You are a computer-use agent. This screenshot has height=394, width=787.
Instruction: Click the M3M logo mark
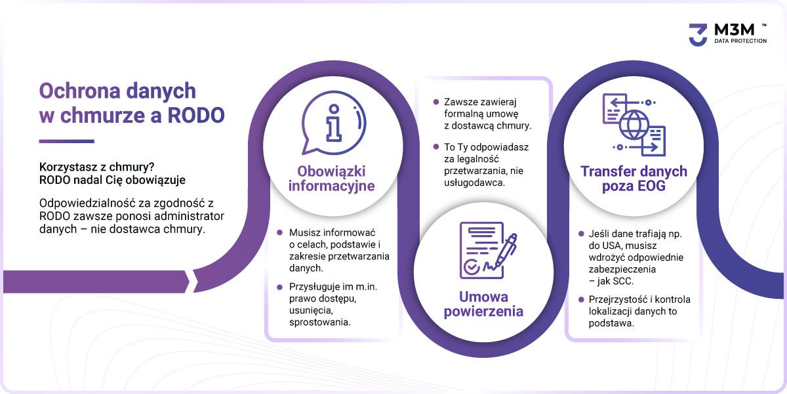pyautogui.click(x=698, y=34)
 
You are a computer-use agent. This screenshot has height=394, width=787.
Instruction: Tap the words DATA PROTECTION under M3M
pyautogui.click(x=740, y=41)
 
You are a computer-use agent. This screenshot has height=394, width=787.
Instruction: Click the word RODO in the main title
pyautogui.click(x=195, y=115)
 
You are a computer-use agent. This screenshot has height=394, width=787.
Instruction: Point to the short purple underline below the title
pyautogui.click(x=66, y=141)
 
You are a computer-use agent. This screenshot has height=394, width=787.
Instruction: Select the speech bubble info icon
pyautogui.click(x=333, y=123)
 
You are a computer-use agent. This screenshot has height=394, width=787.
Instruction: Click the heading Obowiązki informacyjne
pyautogui.click(x=332, y=179)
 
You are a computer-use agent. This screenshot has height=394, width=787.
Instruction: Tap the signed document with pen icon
pyautogui.click(x=488, y=250)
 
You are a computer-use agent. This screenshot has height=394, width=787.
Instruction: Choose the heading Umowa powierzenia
pyautogui.click(x=483, y=304)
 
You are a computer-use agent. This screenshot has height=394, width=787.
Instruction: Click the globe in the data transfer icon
pyautogui.click(x=634, y=125)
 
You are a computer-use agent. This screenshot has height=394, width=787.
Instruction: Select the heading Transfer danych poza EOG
pyautogui.click(x=634, y=179)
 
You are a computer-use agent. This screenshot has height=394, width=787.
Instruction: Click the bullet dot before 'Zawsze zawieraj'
pyautogui.click(x=436, y=102)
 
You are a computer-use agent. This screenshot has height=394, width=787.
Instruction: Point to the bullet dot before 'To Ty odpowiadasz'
pyautogui.click(x=436, y=146)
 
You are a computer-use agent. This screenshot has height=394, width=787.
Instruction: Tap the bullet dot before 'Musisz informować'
pyautogui.click(x=279, y=232)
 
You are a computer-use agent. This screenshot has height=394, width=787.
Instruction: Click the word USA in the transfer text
pyautogui.click(x=612, y=246)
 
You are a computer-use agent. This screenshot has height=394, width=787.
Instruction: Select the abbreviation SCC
pyautogui.click(x=622, y=281)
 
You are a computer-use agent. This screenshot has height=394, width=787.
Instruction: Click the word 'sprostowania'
pyautogui.click(x=320, y=322)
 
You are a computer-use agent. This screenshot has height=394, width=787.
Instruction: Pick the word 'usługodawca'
pyautogui.click(x=474, y=183)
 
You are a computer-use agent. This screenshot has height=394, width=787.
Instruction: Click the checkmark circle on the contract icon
pyautogui.click(x=471, y=267)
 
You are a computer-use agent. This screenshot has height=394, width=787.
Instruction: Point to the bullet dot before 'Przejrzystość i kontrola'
pyautogui.click(x=581, y=299)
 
